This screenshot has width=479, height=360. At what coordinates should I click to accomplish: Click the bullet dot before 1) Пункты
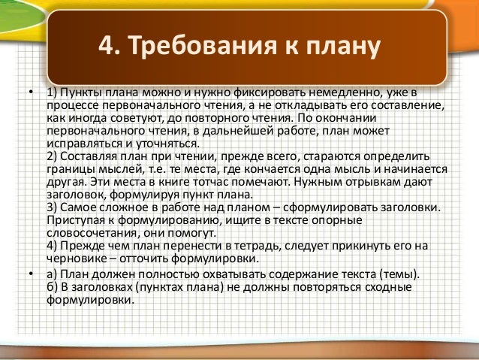point(32,93)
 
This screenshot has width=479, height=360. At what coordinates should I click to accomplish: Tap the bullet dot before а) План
point(32,273)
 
